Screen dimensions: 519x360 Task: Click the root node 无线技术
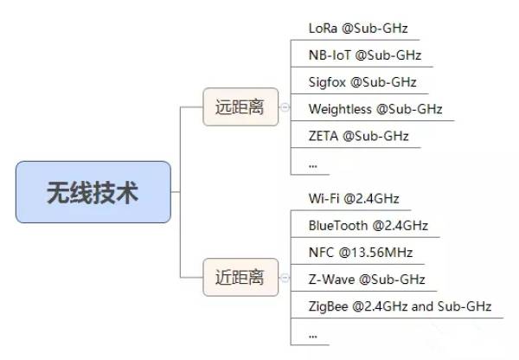(x=93, y=192)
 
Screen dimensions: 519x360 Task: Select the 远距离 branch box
(x=240, y=107)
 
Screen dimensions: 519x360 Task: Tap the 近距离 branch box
(x=240, y=277)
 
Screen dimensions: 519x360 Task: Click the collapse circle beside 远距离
(x=285, y=107)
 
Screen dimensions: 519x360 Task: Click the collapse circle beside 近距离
(x=285, y=278)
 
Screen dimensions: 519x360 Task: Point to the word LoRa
(x=323, y=29)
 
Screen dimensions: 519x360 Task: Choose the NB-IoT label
(x=330, y=55)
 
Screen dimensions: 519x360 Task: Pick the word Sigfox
(x=327, y=83)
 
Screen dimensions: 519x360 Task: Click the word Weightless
(x=340, y=109)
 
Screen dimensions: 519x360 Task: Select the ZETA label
(x=324, y=136)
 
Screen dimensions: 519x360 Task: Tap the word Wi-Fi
(x=324, y=199)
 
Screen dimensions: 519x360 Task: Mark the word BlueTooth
(x=338, y=226)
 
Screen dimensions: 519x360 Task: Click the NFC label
(x=321, y=253)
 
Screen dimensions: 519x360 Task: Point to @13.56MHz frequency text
(x=375, y=253)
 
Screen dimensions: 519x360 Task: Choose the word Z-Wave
(x=331, y=280)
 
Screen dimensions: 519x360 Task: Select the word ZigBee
(x=329, y=306)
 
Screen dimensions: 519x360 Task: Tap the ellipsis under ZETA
(x=313, y=166)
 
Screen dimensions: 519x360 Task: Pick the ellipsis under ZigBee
(x=313, y=337)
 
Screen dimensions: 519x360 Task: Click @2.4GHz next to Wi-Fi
(x=371, y=199)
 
